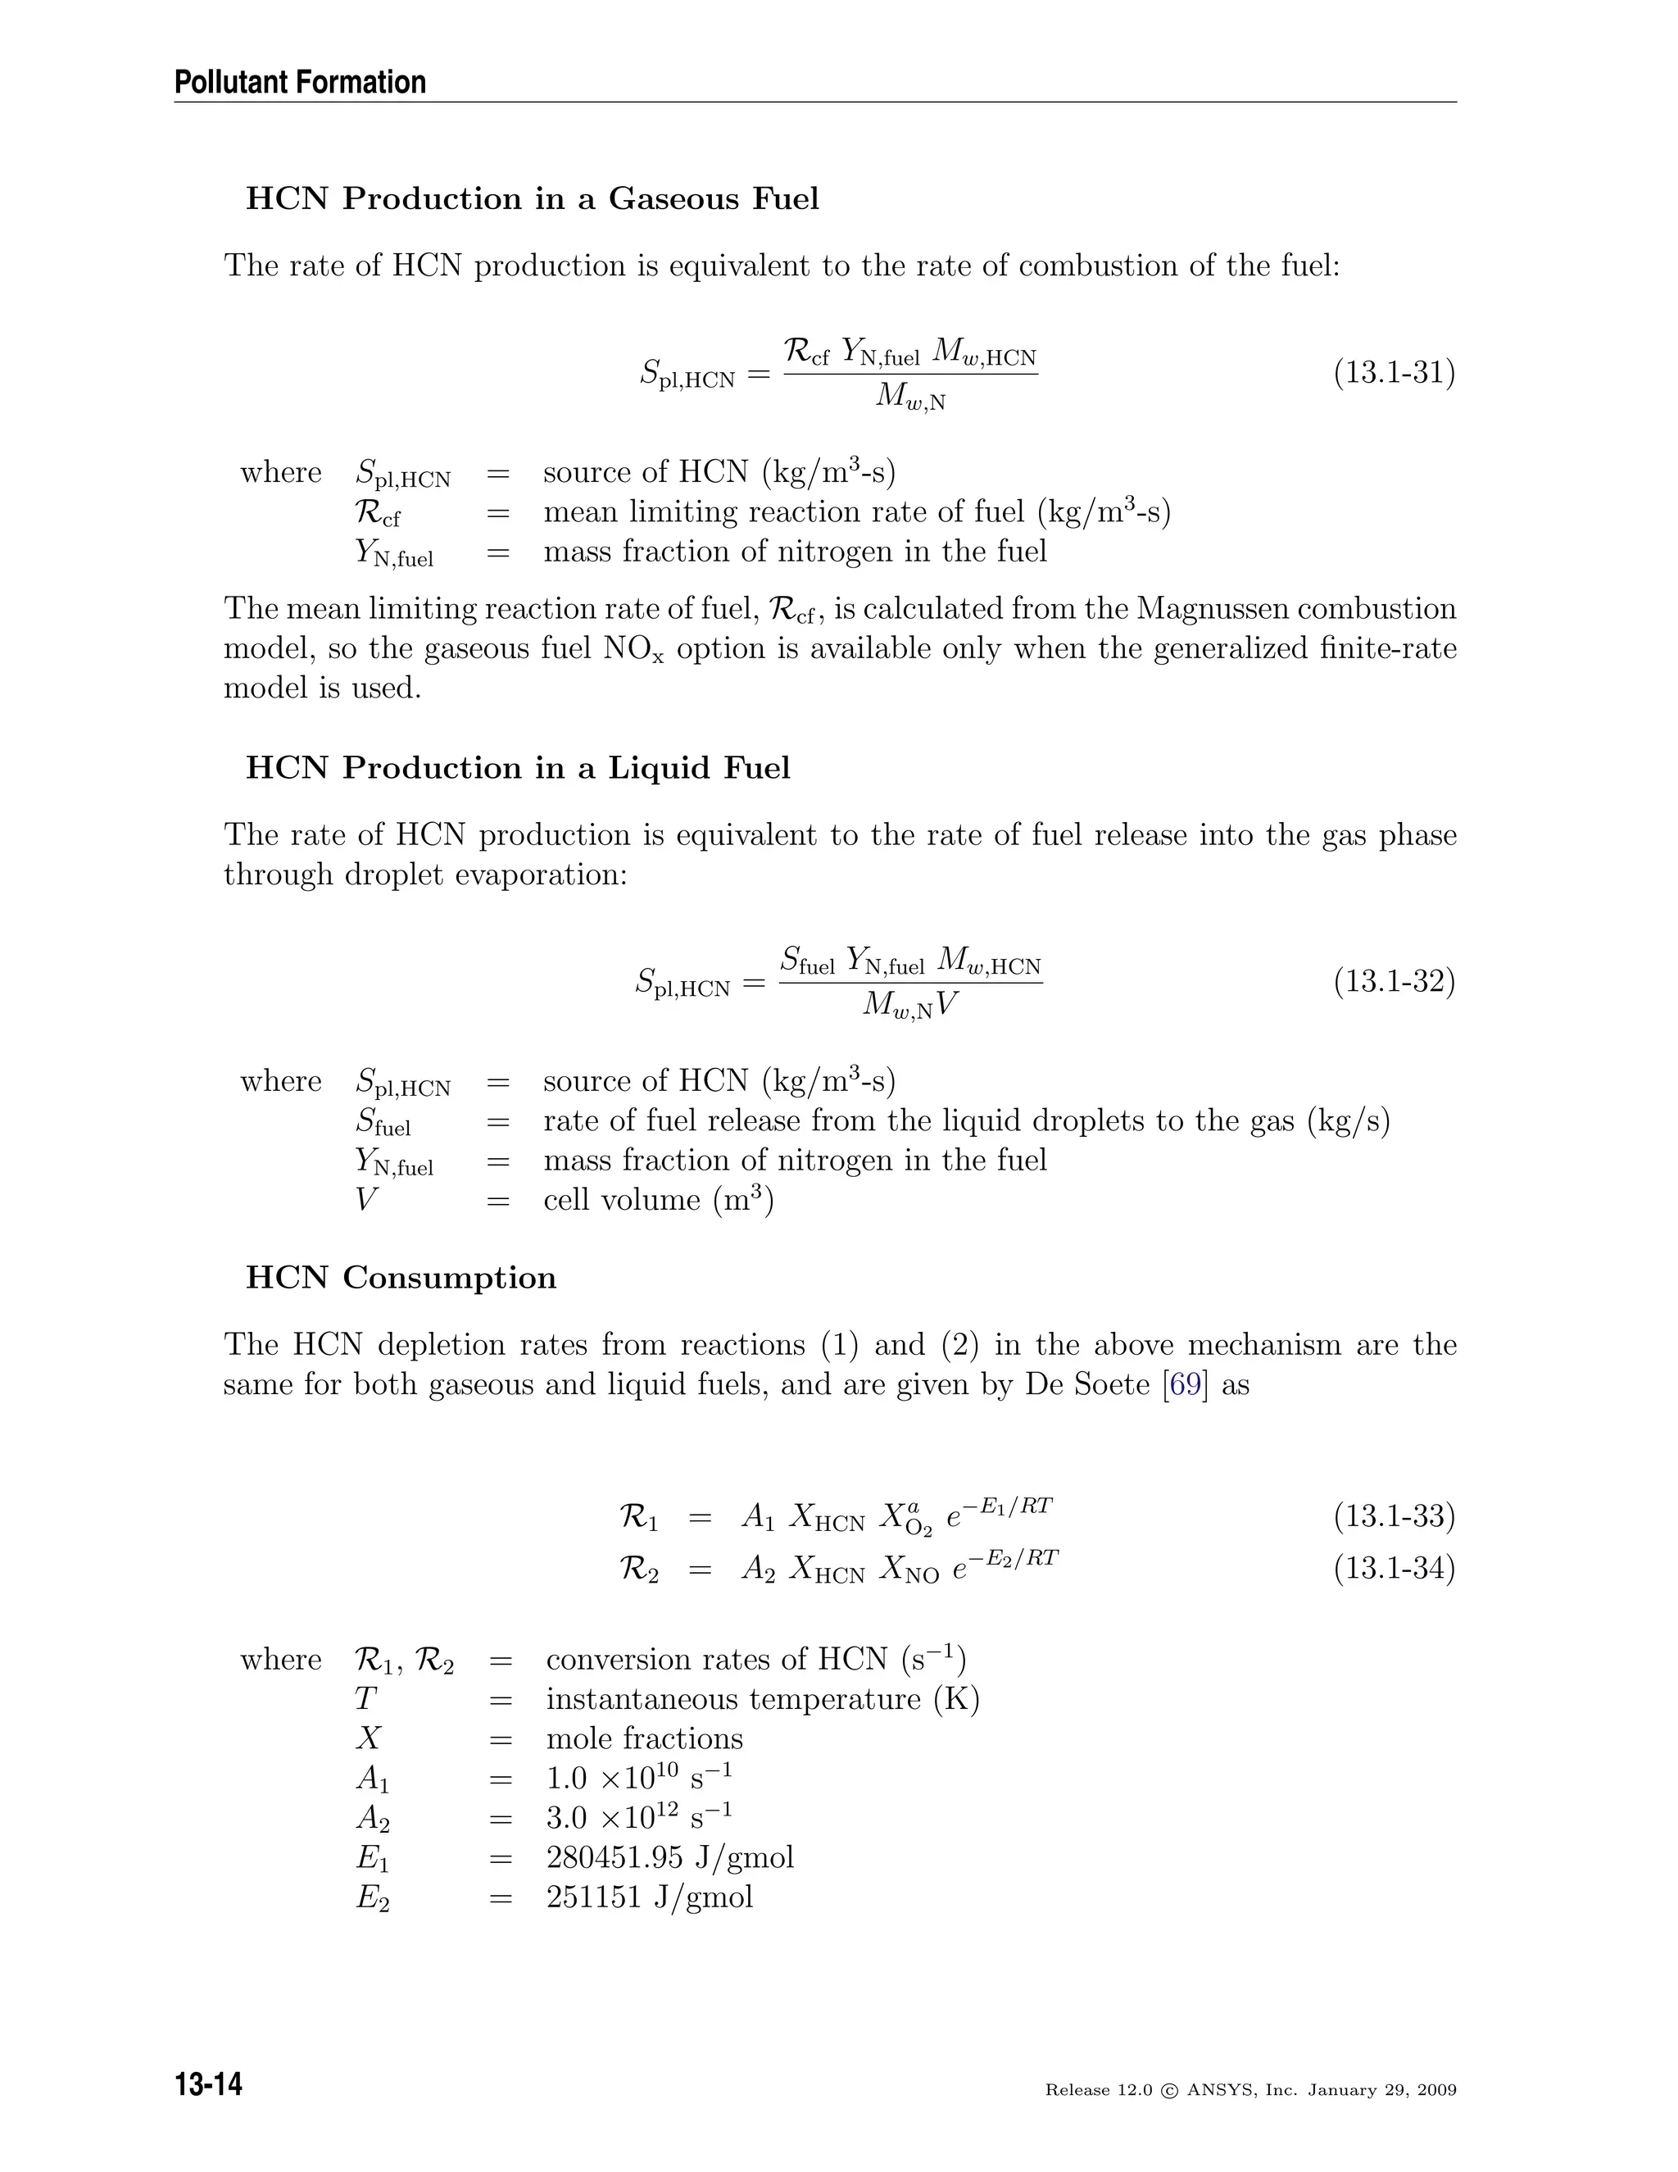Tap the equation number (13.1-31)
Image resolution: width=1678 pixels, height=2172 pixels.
(1394, 373)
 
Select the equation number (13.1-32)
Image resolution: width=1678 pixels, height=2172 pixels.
(1394, 982)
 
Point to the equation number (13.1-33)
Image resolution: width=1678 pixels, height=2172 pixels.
(1394, 1515)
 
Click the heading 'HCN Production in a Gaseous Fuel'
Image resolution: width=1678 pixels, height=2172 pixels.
(532, 199)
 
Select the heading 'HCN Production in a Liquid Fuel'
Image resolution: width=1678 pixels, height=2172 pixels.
(518, 768)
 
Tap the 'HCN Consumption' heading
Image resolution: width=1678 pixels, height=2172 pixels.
(401, 1278)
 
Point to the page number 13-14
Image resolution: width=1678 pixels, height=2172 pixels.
(209, 2083)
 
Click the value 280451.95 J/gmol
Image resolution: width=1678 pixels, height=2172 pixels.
(670, 1856)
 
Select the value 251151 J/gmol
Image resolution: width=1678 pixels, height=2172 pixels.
(649, 1897)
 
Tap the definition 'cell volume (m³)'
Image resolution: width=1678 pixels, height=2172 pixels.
(658, 1201)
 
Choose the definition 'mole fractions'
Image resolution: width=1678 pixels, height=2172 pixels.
(644, 1738)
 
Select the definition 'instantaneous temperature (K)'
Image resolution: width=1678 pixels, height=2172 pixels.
(763, 1698)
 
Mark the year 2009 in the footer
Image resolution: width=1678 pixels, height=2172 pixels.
(1436, 2089)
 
